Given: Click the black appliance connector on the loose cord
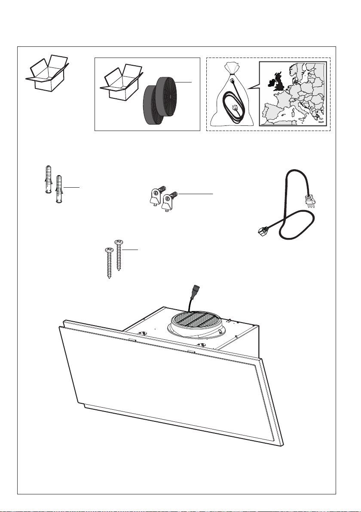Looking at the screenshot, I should pyautogui.click(x=261, y=232).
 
